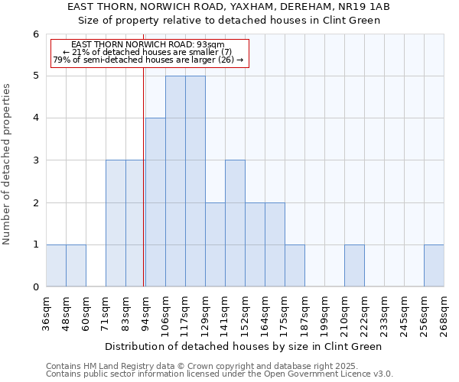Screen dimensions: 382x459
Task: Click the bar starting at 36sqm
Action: click(56, 265)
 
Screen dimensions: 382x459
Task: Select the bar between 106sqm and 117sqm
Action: click(175, 181)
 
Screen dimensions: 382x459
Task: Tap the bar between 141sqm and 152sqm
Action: click(235, 223)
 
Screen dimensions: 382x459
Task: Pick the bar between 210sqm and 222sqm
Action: click(354, 265)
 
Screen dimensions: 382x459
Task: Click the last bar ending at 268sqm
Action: click(434, 265)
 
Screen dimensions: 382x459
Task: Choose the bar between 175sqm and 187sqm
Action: click(295, 265)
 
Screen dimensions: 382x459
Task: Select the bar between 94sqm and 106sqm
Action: click(155, 202)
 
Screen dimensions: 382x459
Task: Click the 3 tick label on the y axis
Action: click(35, 160)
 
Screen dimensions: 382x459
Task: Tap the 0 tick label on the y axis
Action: click(35, 286)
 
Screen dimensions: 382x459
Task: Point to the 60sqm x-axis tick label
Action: click(86, 311)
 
